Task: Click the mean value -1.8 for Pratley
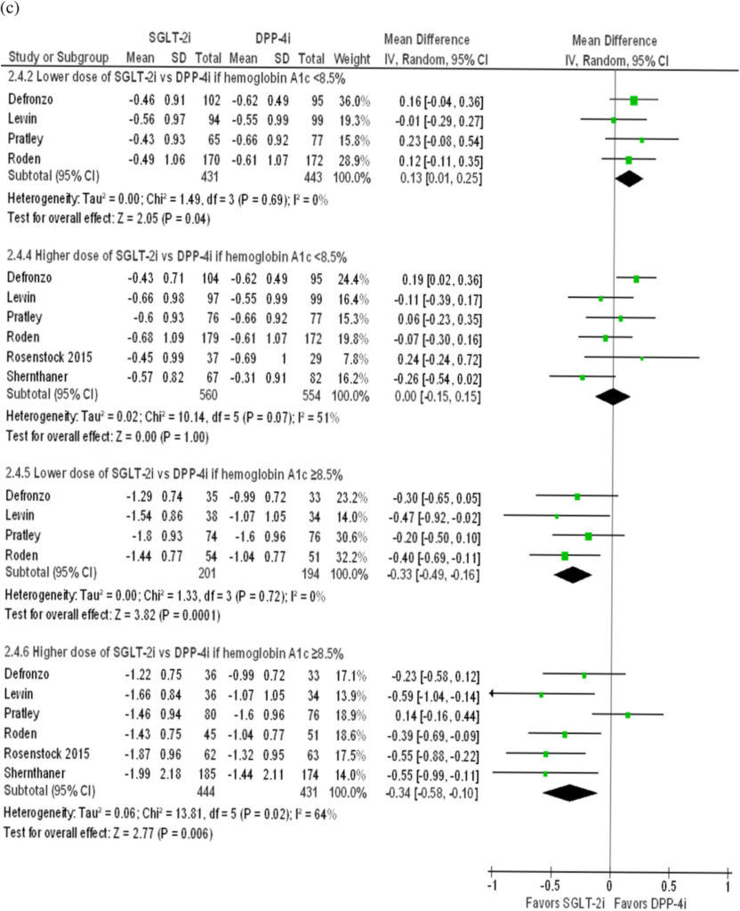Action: (x=140, y=537)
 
